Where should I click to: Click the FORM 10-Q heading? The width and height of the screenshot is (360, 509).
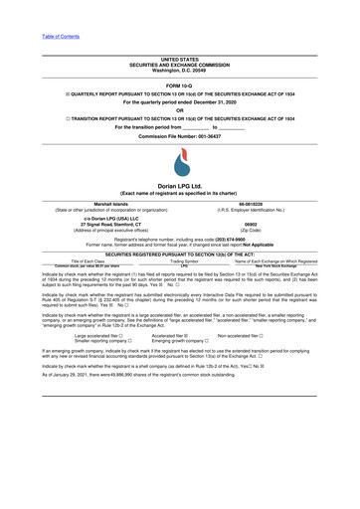[x=180, y=84]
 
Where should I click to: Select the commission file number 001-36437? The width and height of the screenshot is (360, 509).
[x=212, y=134]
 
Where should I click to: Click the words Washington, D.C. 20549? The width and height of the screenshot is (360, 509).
[x=180, y=71]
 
